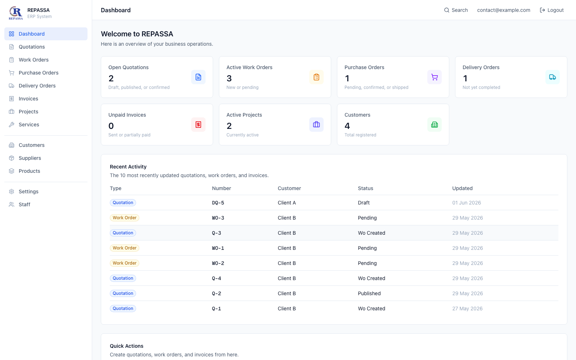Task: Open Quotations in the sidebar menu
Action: click(32, 47)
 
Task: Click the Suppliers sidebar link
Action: click(30, 158)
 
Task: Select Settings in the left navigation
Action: click(28, 192)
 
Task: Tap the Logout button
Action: click(552, 10)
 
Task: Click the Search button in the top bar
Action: click(456, 10)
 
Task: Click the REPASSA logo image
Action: click(16, 13)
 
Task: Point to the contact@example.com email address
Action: click(504, 10)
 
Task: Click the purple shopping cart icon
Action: click(435, 77)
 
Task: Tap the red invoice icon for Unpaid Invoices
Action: click(198, 125)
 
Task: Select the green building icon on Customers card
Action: click(435, 125)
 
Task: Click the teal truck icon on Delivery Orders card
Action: click(553, 77)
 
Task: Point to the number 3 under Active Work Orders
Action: click(229, 78)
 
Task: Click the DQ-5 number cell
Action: click(218, 203)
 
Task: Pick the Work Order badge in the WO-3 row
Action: click(125, 218)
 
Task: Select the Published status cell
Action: click(369, 293)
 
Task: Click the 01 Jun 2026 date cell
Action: click(467, 203)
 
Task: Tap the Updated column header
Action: click(462, 188)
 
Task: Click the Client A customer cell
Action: click(287, 203)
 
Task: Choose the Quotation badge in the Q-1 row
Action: click(123, 309)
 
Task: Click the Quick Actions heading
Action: click(126, 346)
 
